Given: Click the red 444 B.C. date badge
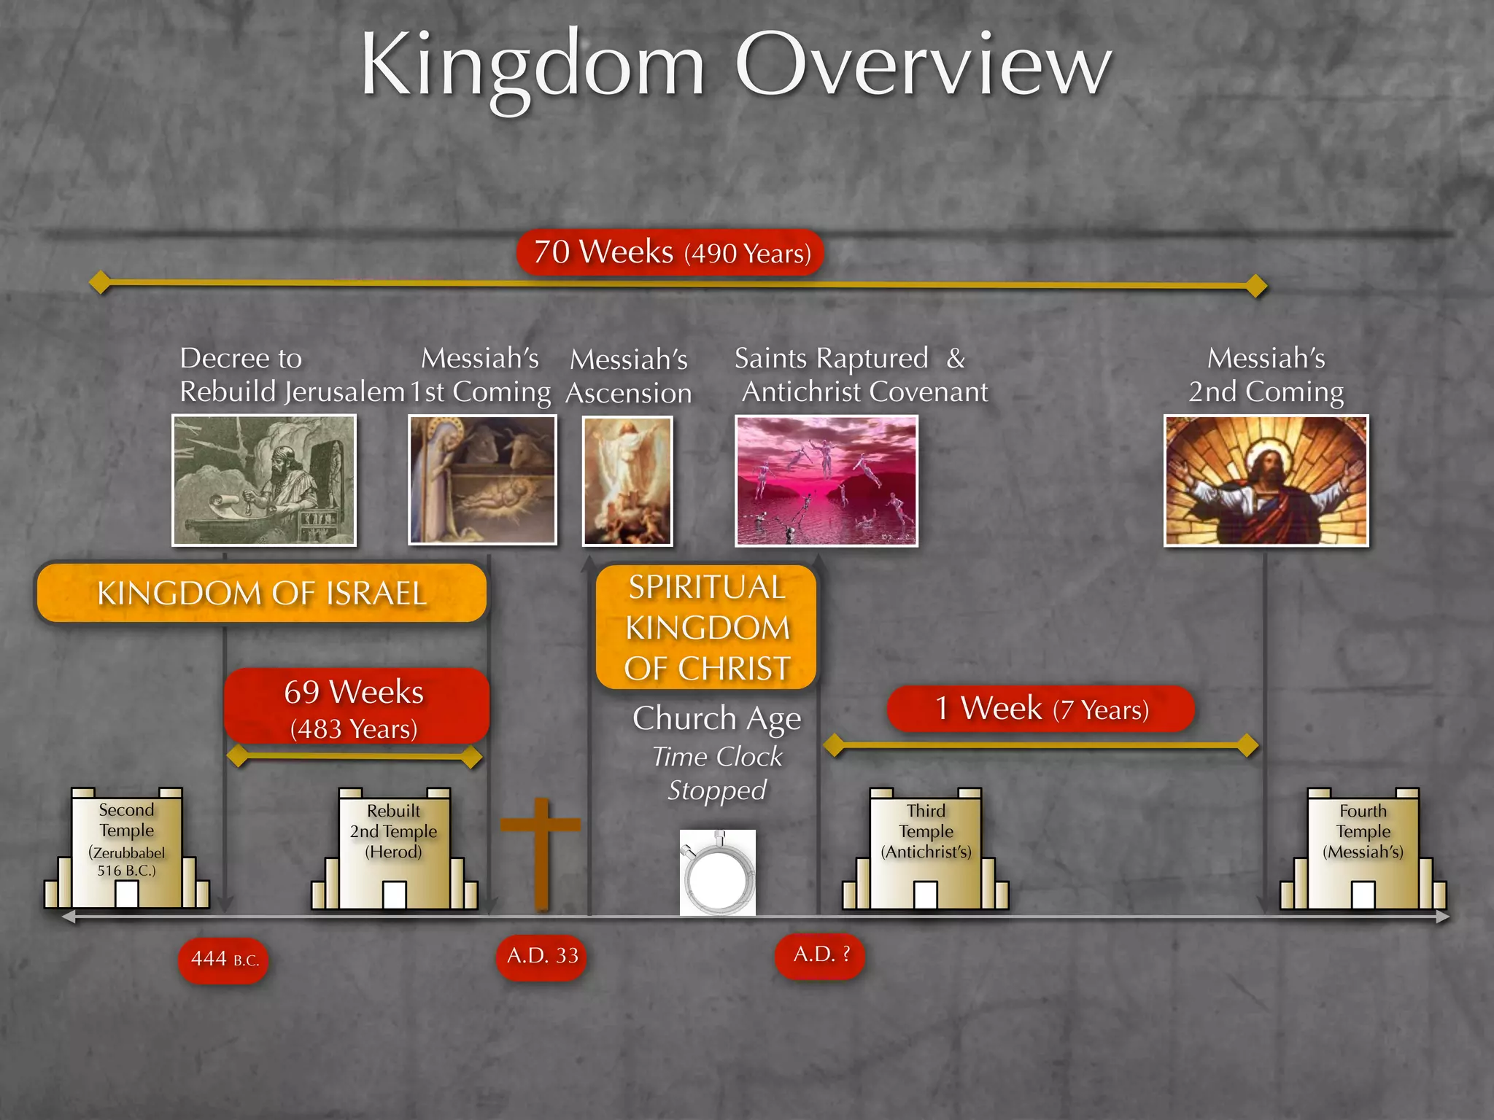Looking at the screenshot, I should click(223, 960).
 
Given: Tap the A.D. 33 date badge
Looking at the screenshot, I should click(541, 956).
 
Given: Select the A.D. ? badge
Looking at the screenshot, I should click(820, 954).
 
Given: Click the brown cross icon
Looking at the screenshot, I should click(541, 852).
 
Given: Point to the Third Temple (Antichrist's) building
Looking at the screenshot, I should click(926, 850).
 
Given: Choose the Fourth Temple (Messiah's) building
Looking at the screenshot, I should click(1363, 850).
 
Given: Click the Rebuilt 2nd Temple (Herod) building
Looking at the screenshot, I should click(394, 850).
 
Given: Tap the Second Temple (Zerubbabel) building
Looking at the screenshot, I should click(127, 849).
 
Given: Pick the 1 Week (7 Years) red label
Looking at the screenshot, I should click(1041, 709).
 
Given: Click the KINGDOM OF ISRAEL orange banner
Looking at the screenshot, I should click(262, 593).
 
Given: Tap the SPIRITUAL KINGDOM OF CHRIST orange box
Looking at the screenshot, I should click(706, 628).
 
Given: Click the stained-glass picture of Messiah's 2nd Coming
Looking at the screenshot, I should click(1266, 481).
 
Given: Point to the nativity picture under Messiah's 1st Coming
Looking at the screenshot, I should click(482, 480).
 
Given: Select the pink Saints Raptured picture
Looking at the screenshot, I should click(826, 481).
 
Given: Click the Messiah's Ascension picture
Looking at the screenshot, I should click(627, 481).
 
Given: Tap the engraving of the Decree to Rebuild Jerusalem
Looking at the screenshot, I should click(264, 480).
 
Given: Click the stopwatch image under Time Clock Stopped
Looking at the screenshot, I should click(718, 872).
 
